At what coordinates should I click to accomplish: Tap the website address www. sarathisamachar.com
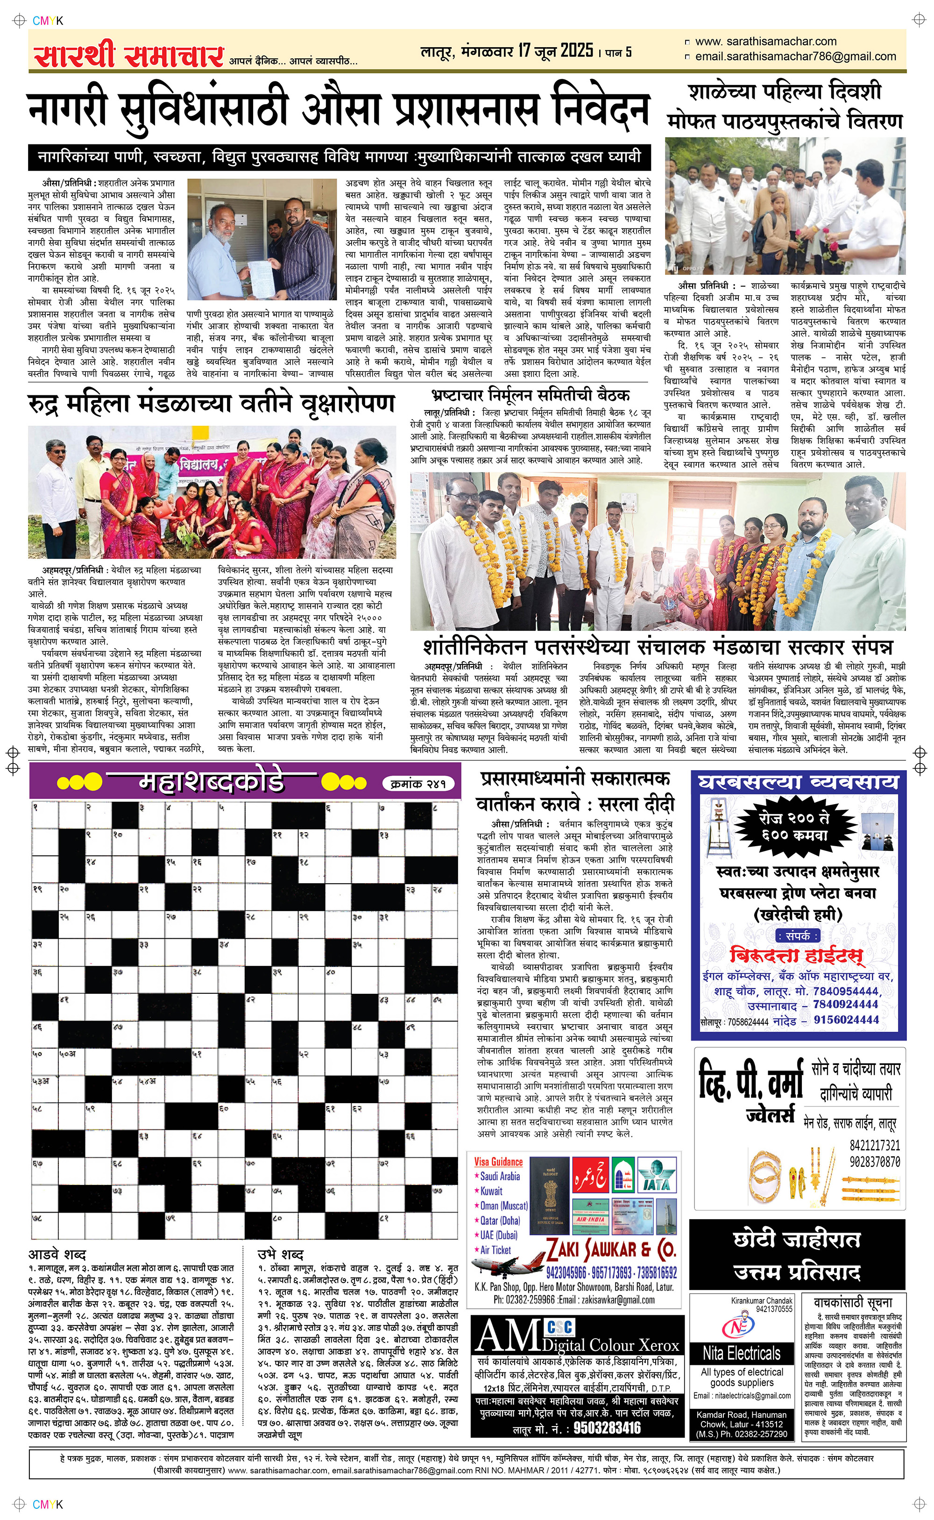tap(765, 42)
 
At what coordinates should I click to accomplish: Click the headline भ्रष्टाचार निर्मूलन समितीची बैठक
tap(531, 395)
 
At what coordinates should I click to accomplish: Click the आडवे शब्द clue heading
tap(57, 1254)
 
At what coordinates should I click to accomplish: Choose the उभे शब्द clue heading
tap(281, 1254)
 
